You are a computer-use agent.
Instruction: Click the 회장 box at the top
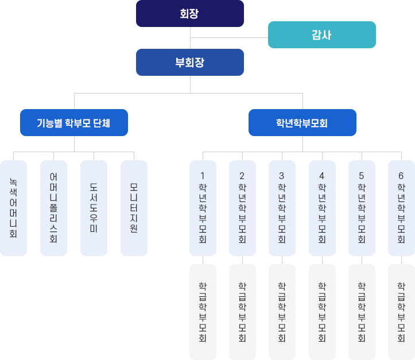pos(189,13)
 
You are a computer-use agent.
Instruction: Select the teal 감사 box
pos(321,34)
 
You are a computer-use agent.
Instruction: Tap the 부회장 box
pos(189,62)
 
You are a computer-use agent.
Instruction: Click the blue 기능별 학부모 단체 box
pos(73,122)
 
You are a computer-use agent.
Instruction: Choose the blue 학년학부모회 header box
pos(302,122)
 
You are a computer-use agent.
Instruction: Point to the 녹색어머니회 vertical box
pos(13,208)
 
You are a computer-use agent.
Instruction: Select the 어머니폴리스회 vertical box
pos(53,208)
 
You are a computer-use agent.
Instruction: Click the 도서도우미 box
pos(94,208)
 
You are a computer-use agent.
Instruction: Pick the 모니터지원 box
pos(134,208)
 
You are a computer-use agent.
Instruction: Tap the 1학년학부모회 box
pos(203,208)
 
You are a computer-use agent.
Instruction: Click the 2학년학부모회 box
pos(242,208)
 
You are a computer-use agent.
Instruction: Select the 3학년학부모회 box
pos(282,208)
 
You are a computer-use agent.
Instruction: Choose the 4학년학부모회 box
pos(322,208)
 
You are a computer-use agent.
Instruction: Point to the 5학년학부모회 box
pos(362,208)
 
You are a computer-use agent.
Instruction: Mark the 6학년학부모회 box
pos(401,208)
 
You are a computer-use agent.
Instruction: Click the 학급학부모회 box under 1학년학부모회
pos(203,312)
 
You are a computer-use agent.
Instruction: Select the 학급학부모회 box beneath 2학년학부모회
pos(242,312)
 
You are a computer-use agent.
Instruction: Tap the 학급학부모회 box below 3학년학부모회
pos(282,312)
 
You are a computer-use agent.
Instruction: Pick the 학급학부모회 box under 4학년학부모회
pos(322,312)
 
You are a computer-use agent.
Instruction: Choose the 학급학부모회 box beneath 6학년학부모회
pos(401,312)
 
